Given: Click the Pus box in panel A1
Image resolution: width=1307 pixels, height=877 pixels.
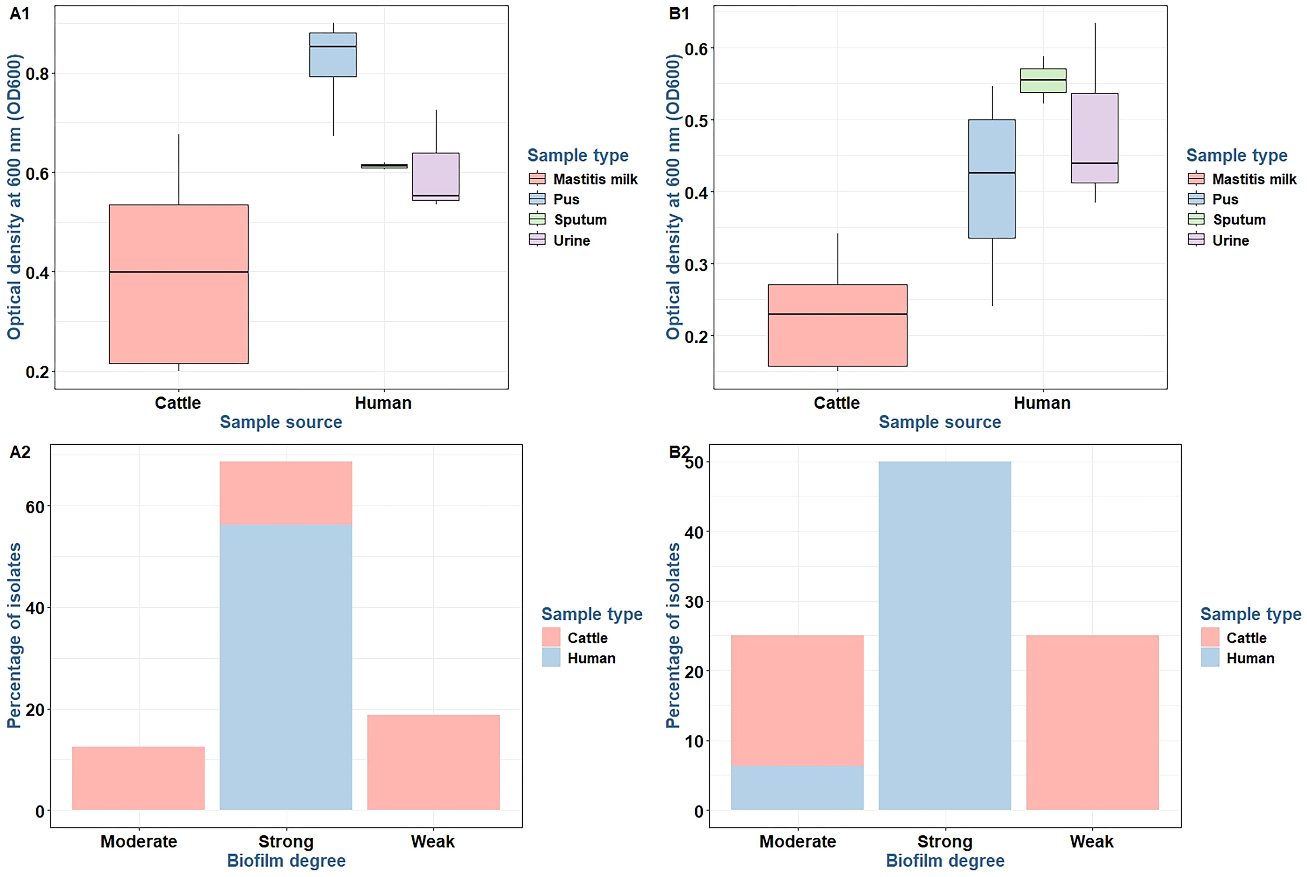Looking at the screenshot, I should coord(333,55).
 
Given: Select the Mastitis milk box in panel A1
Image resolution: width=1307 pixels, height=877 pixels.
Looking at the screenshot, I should coord(178,284).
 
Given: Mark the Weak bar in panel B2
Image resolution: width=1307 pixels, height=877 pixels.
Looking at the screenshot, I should coord(1092,723).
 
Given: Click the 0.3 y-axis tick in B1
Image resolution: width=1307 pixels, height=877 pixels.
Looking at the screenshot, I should coord(695,264).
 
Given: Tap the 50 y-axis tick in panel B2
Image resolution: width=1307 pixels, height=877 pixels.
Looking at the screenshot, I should coord(694,462).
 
